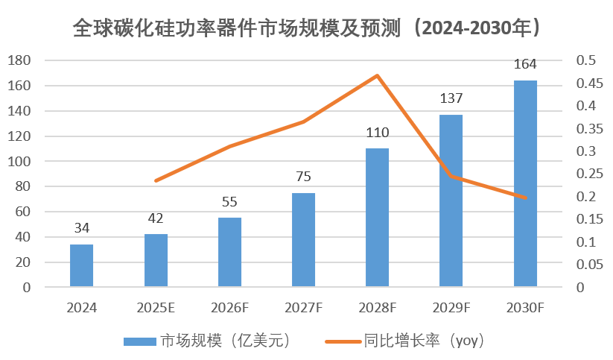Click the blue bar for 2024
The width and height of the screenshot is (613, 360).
click(x=81, y=265)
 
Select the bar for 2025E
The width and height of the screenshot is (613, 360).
click(x=156, y=260)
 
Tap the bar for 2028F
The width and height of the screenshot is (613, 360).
click(x=377, y=218)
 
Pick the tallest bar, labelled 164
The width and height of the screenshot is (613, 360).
click(x=525, y=183)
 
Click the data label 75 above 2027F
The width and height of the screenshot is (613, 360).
click(x=303, y=177)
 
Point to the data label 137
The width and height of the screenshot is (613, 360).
click(x=451, y=98)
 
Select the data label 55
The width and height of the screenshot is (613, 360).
click(x=229, y=201)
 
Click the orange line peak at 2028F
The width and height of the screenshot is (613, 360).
click(x=377, y=75)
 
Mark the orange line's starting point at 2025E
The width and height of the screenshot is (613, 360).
click(x=156, y=180)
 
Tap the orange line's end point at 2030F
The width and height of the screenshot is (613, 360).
click(x=525, y=198)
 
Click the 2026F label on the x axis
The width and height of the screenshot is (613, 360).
click(x=229, y=306)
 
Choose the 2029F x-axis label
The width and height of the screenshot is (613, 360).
click(x=451, y=306)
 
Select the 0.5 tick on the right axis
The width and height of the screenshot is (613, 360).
click(x=587, y=60)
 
